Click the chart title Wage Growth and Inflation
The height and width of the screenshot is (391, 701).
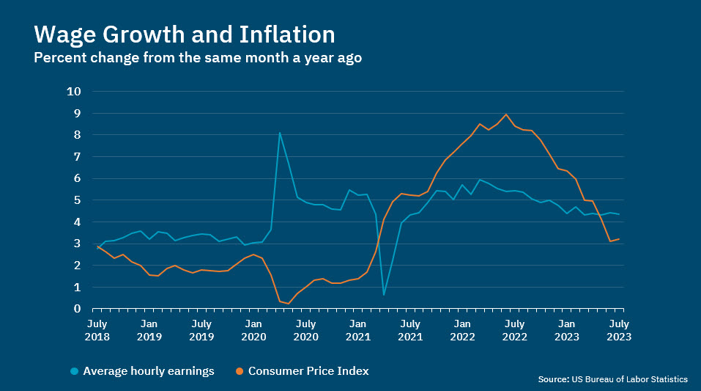coord(185,34)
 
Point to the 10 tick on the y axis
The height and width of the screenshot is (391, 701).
coord(73,92)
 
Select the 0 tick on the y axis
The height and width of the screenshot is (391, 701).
coord(77,309)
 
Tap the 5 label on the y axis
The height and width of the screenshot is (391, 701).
coord(77,200)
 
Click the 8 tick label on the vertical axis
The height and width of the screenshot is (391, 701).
coord(77,135)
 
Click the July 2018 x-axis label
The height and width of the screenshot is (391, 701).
coord(97,329)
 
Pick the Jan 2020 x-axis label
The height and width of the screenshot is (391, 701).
coord(253,329)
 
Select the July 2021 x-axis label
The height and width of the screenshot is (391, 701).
coord(410,329)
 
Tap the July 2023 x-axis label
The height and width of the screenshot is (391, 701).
coord(618,329)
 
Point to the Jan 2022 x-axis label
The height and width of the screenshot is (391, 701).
coord(462,329)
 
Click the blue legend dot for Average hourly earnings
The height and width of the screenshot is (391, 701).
coord(75,371)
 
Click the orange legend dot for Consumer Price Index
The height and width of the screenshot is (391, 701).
coord(240,371)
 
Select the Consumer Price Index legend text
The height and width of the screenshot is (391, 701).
coord(308,371)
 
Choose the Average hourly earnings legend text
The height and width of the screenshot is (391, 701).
coord(149,371)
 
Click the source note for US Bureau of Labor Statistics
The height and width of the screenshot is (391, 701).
coord(612,379)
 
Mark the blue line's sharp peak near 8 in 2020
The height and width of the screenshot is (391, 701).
coord(280,133)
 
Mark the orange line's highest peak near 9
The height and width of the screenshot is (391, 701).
coord(505,114)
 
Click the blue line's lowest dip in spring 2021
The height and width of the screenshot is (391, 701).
coord(384,295)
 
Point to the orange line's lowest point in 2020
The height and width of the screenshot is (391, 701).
coord(289,303)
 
